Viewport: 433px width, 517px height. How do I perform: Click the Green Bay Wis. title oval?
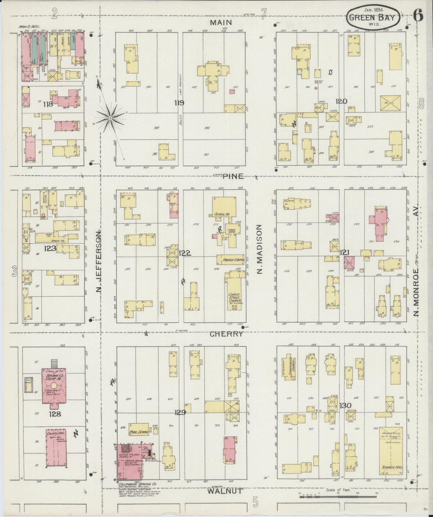point(373,18)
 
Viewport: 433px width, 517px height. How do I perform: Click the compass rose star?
point(110,119)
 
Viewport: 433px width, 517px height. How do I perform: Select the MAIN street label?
point(221,22)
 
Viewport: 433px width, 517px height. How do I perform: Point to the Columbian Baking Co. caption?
point(133,484)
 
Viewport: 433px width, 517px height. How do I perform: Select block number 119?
point(179,103)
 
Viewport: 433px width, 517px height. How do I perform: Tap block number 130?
point(345,406)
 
